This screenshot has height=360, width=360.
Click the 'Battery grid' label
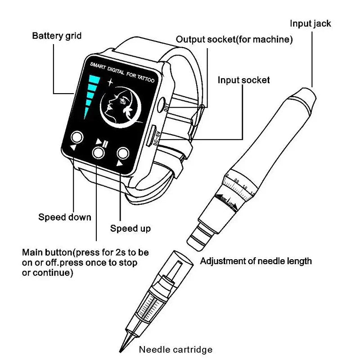[x=57, y=36]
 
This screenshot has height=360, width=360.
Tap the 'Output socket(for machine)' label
[x=234, y=40]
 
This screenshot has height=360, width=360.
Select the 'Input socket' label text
[x=243, y=80]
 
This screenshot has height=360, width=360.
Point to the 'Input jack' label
[x=310, y=24]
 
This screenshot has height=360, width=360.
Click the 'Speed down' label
[x=64, y=217]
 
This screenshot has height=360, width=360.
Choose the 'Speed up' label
[x=130, y=229]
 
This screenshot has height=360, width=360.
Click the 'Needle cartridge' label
[x=175, y=349]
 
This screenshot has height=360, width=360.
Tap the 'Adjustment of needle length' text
[x=256, y=261]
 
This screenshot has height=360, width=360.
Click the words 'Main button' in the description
[x=46, y=252]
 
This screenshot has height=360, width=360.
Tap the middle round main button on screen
[x=99, y=153]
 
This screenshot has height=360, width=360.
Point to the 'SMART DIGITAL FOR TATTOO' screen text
[x=121, y=72]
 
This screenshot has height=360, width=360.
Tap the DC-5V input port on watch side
[x=153, y=135]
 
